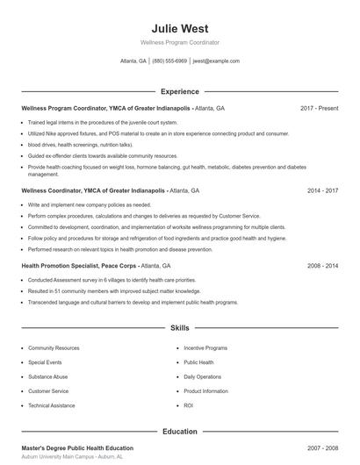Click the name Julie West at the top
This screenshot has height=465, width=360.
point(180,28)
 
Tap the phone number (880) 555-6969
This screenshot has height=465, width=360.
point(169,61)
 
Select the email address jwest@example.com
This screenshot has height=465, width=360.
point(216,61)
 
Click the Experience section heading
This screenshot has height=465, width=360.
point(180,91)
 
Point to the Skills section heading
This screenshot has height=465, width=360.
point(180,328)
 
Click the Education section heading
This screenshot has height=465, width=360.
point(180,432)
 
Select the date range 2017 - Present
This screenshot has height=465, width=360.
point(319,108)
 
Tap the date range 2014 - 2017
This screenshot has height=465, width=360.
point(323,190)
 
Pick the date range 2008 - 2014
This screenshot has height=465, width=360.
point(323,265)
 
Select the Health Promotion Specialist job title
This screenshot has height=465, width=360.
point(77,265)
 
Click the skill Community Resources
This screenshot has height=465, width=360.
point(54,348)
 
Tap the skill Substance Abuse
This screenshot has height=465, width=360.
point(49,376)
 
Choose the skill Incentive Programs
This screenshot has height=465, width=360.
point(205,348)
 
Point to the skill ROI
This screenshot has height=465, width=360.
point(189,405)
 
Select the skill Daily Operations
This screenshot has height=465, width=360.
point(203,376)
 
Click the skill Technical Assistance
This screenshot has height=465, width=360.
point(52,405)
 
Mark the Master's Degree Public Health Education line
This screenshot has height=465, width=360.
point(77,448)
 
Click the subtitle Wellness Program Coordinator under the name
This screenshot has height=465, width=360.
point(180,42)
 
